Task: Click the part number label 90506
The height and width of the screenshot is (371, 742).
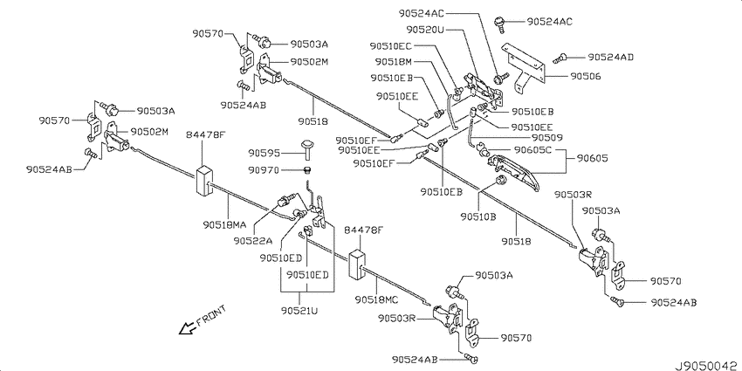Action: pyautogui.click(x=586, y=76)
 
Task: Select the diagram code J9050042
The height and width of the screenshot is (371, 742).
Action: pyautogui.click(x=707, y=366)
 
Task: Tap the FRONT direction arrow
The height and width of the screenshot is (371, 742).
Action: pyautogui.click(x=188, y=327)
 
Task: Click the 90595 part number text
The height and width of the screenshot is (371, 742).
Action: pyautogui.click(x=264, y=154)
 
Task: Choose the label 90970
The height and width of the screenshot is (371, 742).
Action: pyautogui.click(x=264, y=170)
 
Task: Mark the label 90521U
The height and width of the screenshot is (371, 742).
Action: pyautogui.click(x=299, y=311)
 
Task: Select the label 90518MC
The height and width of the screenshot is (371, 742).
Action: pyautogui.click(x=375, y=299)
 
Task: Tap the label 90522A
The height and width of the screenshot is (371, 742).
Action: pyautogui.click(x=252, y=241)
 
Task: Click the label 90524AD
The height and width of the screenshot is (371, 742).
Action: pyautogui.click(x=610, y=57)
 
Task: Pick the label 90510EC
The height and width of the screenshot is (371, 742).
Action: pyautogui.click(x=391, y=46)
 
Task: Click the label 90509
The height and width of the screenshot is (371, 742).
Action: pyautogui.click(x=546, y=138)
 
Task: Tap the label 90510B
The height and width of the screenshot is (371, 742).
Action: pyautogui.click(x=477, y=216)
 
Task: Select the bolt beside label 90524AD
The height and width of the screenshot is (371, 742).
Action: pyautogui.click(x=560, y=58)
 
